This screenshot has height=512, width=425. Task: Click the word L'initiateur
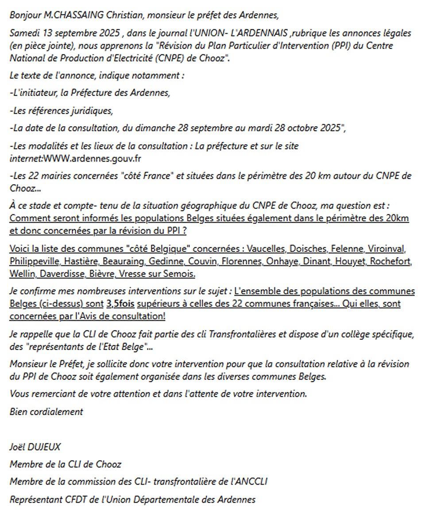pos(32,93)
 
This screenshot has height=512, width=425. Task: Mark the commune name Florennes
pos(241,262)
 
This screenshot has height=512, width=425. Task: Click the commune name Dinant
pos(316,262)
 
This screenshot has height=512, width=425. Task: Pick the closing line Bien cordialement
pos(46,412)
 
